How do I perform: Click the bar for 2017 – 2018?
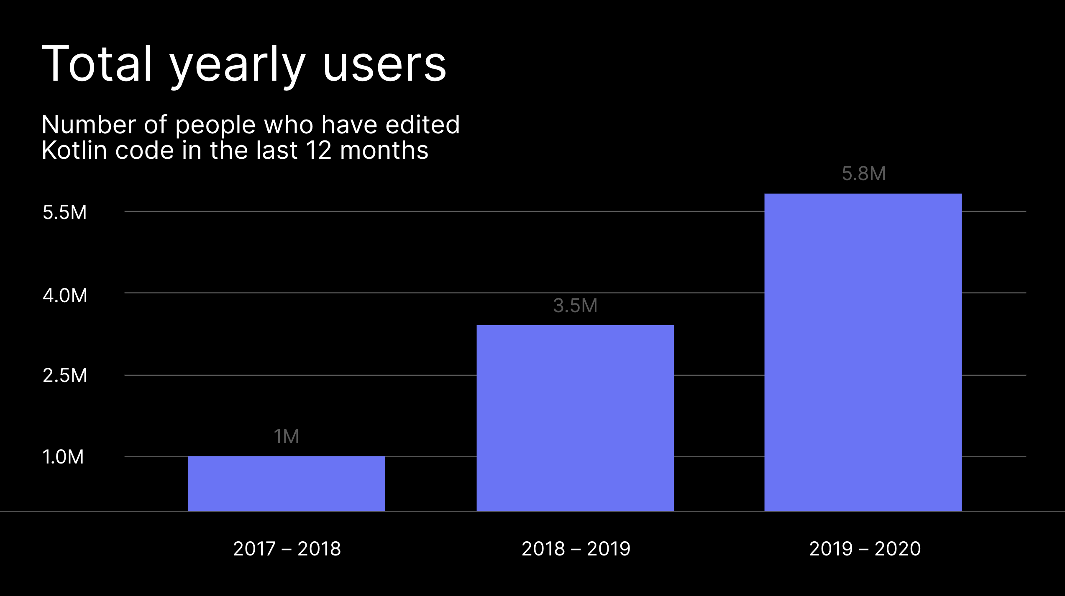(286, 483)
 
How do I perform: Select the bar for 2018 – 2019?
(575, 418)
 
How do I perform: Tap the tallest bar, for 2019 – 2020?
(863, 352)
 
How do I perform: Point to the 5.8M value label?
(864, 173)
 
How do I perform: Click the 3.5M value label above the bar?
(575, 306)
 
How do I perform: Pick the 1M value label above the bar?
(286, 436)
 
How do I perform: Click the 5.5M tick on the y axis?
(65, 212)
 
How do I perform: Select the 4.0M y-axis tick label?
(65, 295)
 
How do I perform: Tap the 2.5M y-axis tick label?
(65, 375)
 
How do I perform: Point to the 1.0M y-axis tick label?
(63, 457)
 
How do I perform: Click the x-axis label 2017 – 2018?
(287, 548)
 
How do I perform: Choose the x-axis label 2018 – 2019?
(576, 548)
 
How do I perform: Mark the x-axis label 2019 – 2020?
(865, 548)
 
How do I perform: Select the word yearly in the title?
(238, 67)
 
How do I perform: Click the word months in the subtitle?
(384, 150)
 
